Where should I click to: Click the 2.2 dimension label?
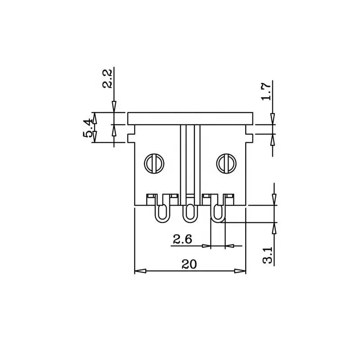[107, 78]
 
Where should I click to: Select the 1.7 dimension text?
[266, 91]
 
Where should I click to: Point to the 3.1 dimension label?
[268, 255]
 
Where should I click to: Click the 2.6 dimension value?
[182, 239]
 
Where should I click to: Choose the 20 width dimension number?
[189, 264]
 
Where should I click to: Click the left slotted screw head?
[154, 163]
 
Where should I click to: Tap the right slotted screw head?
[226, 163]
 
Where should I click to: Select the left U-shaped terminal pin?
[163, 213]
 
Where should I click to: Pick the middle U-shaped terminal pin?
[189, 213]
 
